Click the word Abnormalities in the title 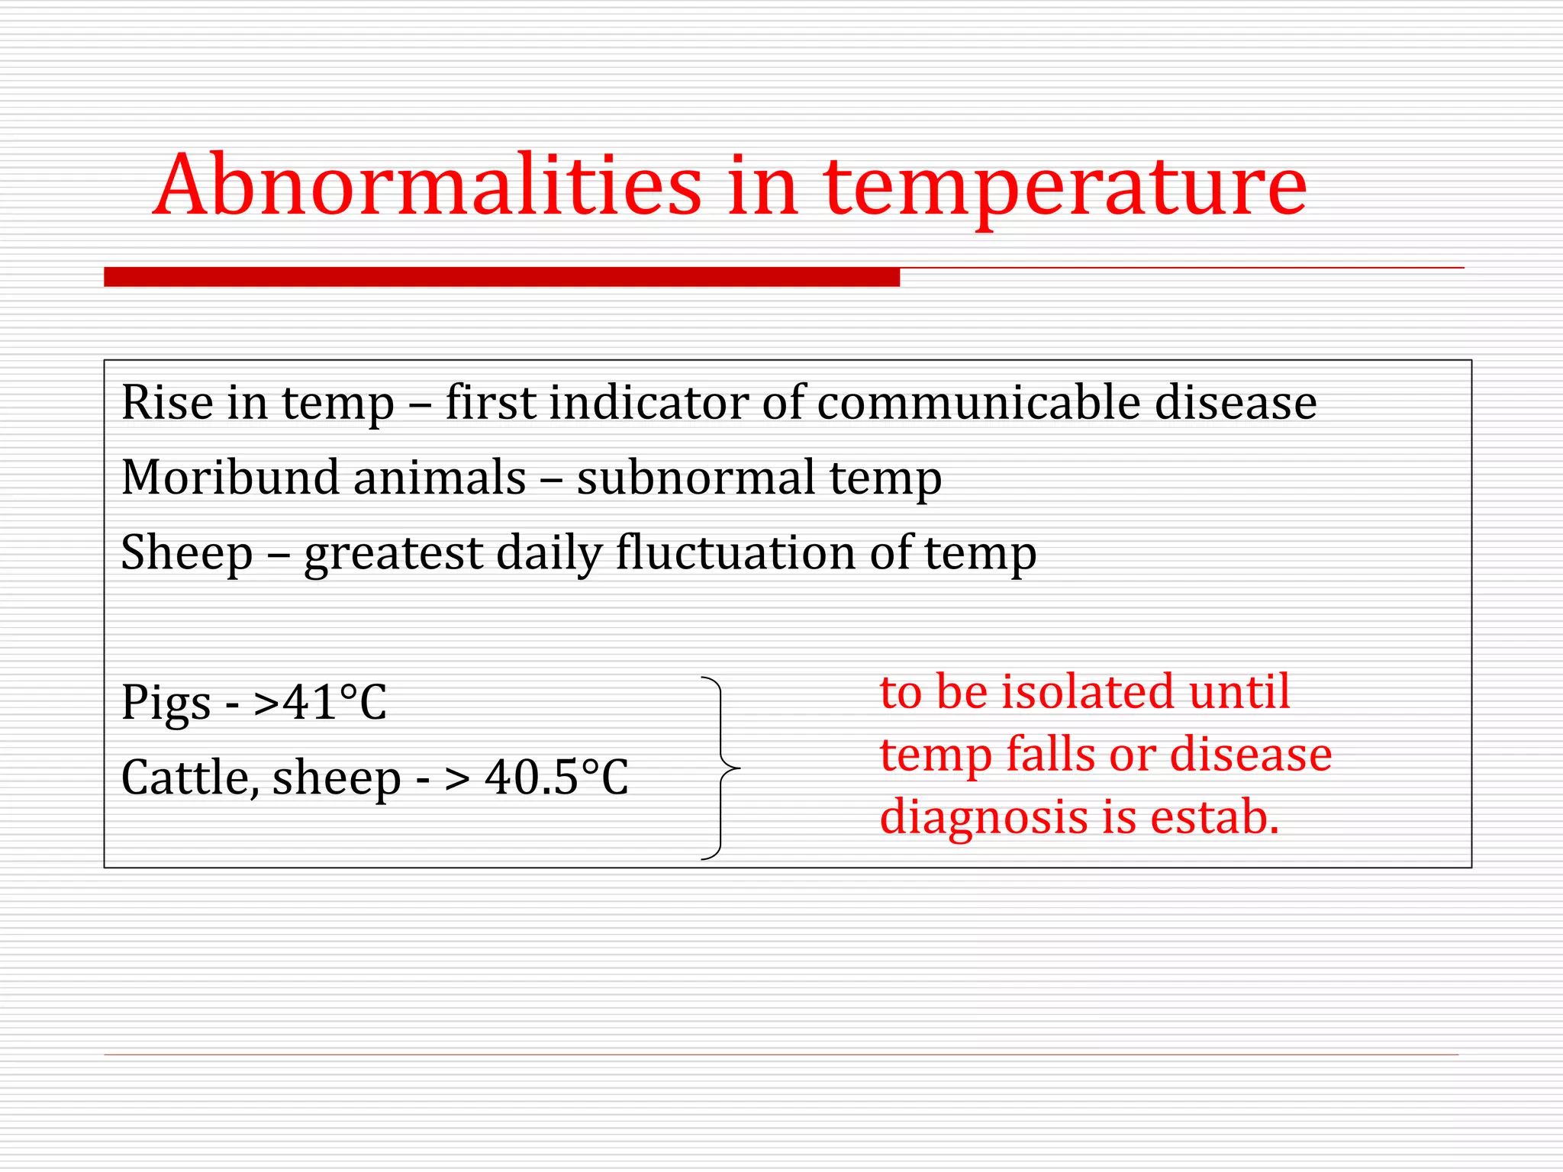pyautogui.click(x=427, y=185)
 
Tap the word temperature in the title pyautogui.click(x=1065, y=185)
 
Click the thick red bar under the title pyautogui.click(x=501, y=277)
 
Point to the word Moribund pyautogui.click(x=230, y=478)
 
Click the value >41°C pyautogui.click(x=321, y=702)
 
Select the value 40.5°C pyautogui.click(x=556, y=778)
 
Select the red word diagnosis pyautogui.click(x=984, y=818)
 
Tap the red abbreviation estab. pyautogui.click(x=1214, y=816)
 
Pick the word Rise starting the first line pyautogui.click(x=167, y=402)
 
